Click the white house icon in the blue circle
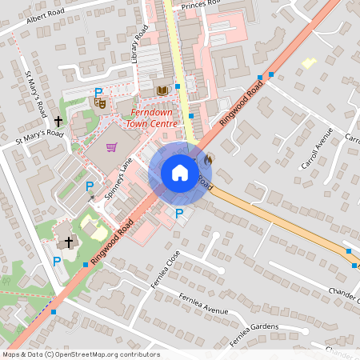(180, 173)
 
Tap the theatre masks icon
(100, 102)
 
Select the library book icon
(163, 90)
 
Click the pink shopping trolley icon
(111, 147)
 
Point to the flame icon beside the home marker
(209, 158)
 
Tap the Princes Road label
(200, 3)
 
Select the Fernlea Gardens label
(254, 334)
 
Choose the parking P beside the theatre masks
(98, 92)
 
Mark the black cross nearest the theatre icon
(58, 121)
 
